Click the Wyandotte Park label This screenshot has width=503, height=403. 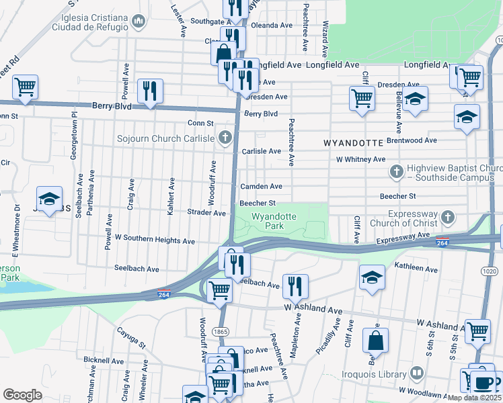[x=274, y=222]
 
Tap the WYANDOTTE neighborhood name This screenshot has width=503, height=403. [x=353, y=143]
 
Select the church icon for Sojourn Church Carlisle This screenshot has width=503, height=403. [x=225, y=138]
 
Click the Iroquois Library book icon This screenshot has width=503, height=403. [x=417, y=373]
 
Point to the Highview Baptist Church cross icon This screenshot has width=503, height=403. [x=397, y=172]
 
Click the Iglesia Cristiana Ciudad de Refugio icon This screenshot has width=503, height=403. [x=139, y=21]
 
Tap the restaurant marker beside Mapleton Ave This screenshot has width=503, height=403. [x=295, y=286]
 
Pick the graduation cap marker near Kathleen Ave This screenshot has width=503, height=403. [x=372, y=277]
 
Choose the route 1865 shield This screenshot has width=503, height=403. [x=219, y=332]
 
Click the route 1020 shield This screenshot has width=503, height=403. [x=488, y=271]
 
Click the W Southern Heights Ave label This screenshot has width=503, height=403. [x=155, y=239]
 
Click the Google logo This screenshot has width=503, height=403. [x=22, y=395]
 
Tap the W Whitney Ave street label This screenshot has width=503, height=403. [x=360, y=160]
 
